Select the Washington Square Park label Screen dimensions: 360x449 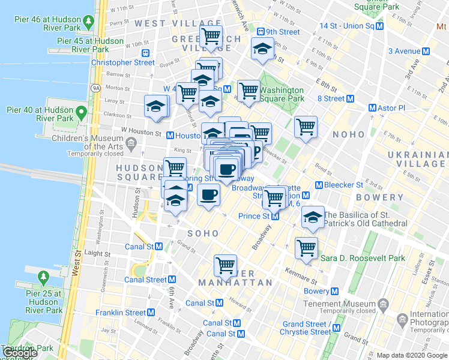[281, 94]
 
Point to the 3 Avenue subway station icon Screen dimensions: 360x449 [426, 51]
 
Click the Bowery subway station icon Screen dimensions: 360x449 [335, 291]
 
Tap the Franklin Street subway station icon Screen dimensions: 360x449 [151, 313]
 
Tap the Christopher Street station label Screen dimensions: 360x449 [123, 62]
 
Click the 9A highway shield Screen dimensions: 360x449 [95, 87]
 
